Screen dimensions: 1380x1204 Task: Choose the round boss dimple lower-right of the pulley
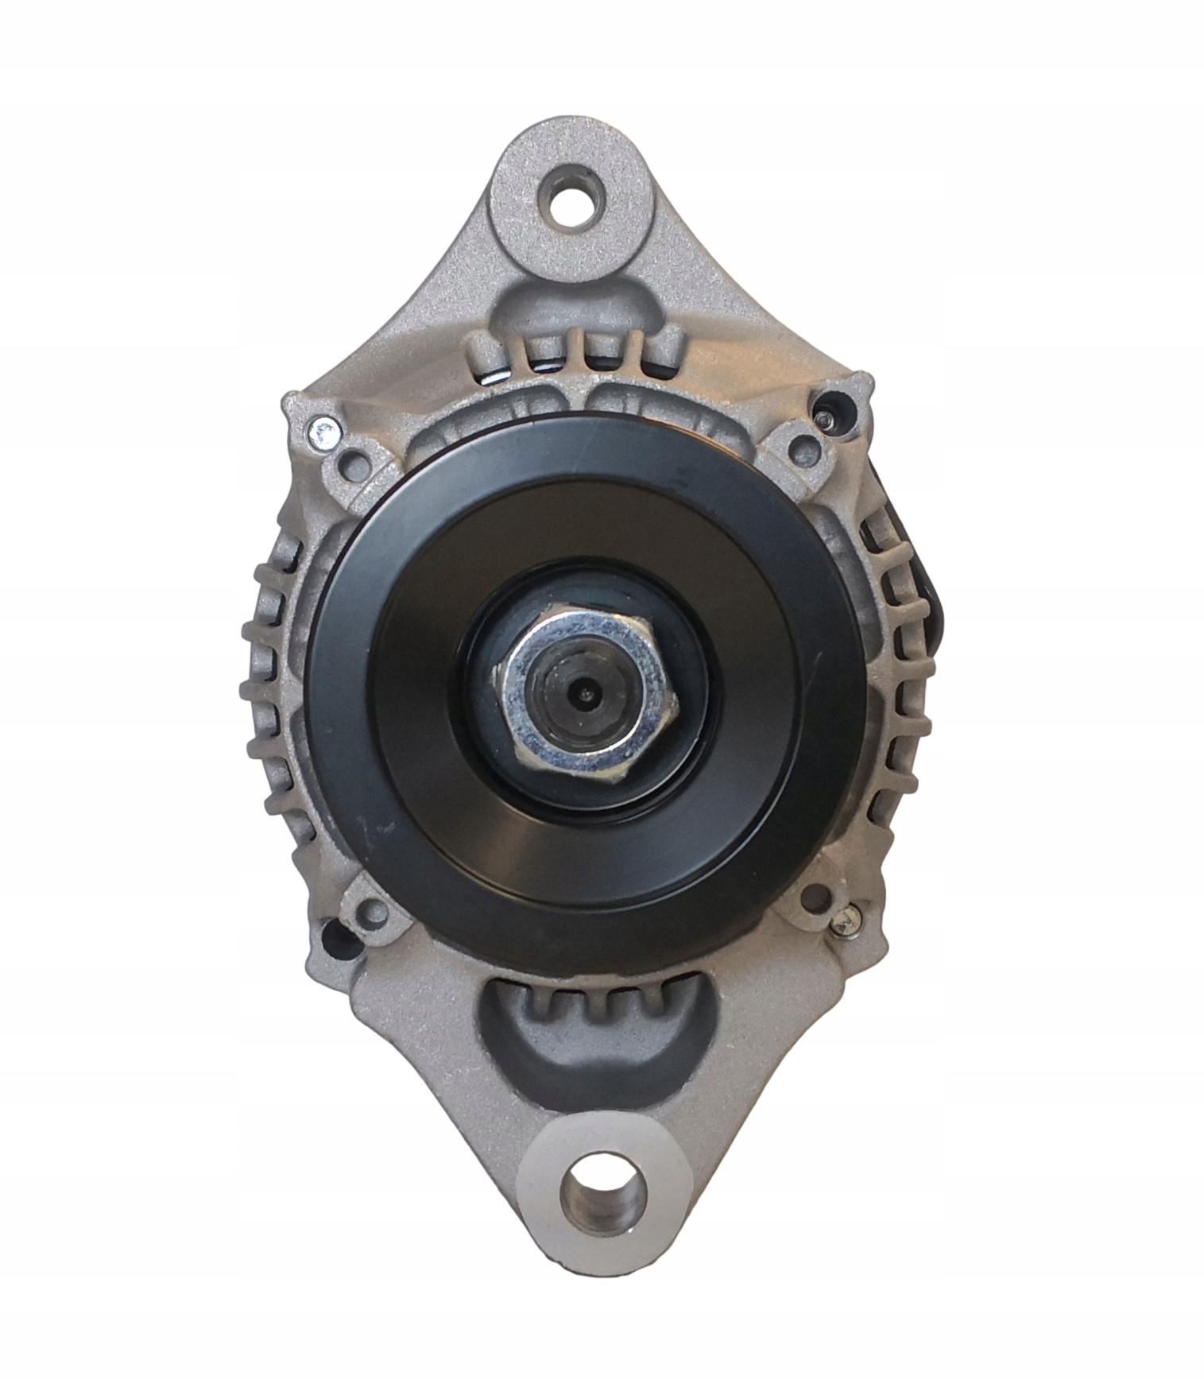point(811,898)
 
